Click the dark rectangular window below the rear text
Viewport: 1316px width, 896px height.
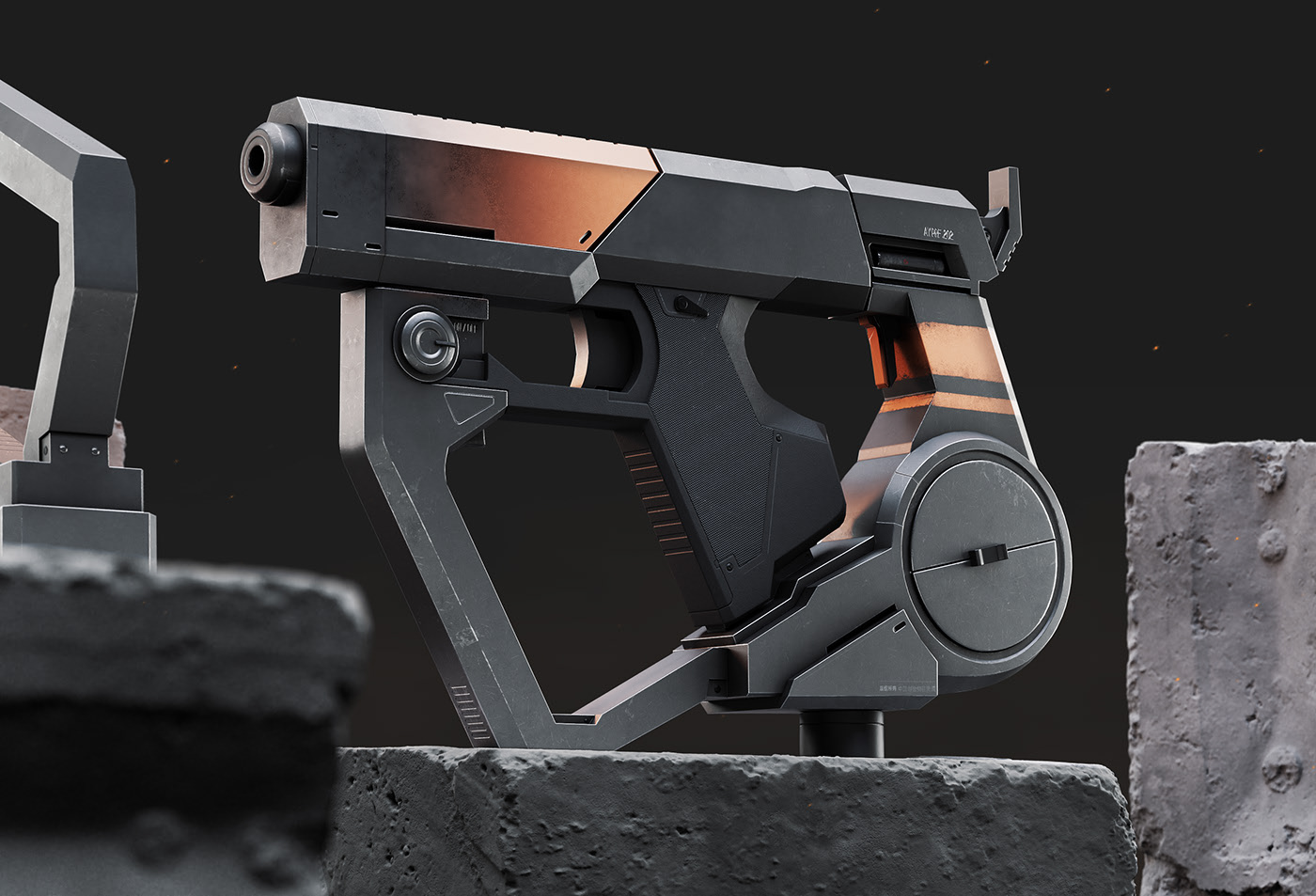point(906,256)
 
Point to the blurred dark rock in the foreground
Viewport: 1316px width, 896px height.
point(169,705)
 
